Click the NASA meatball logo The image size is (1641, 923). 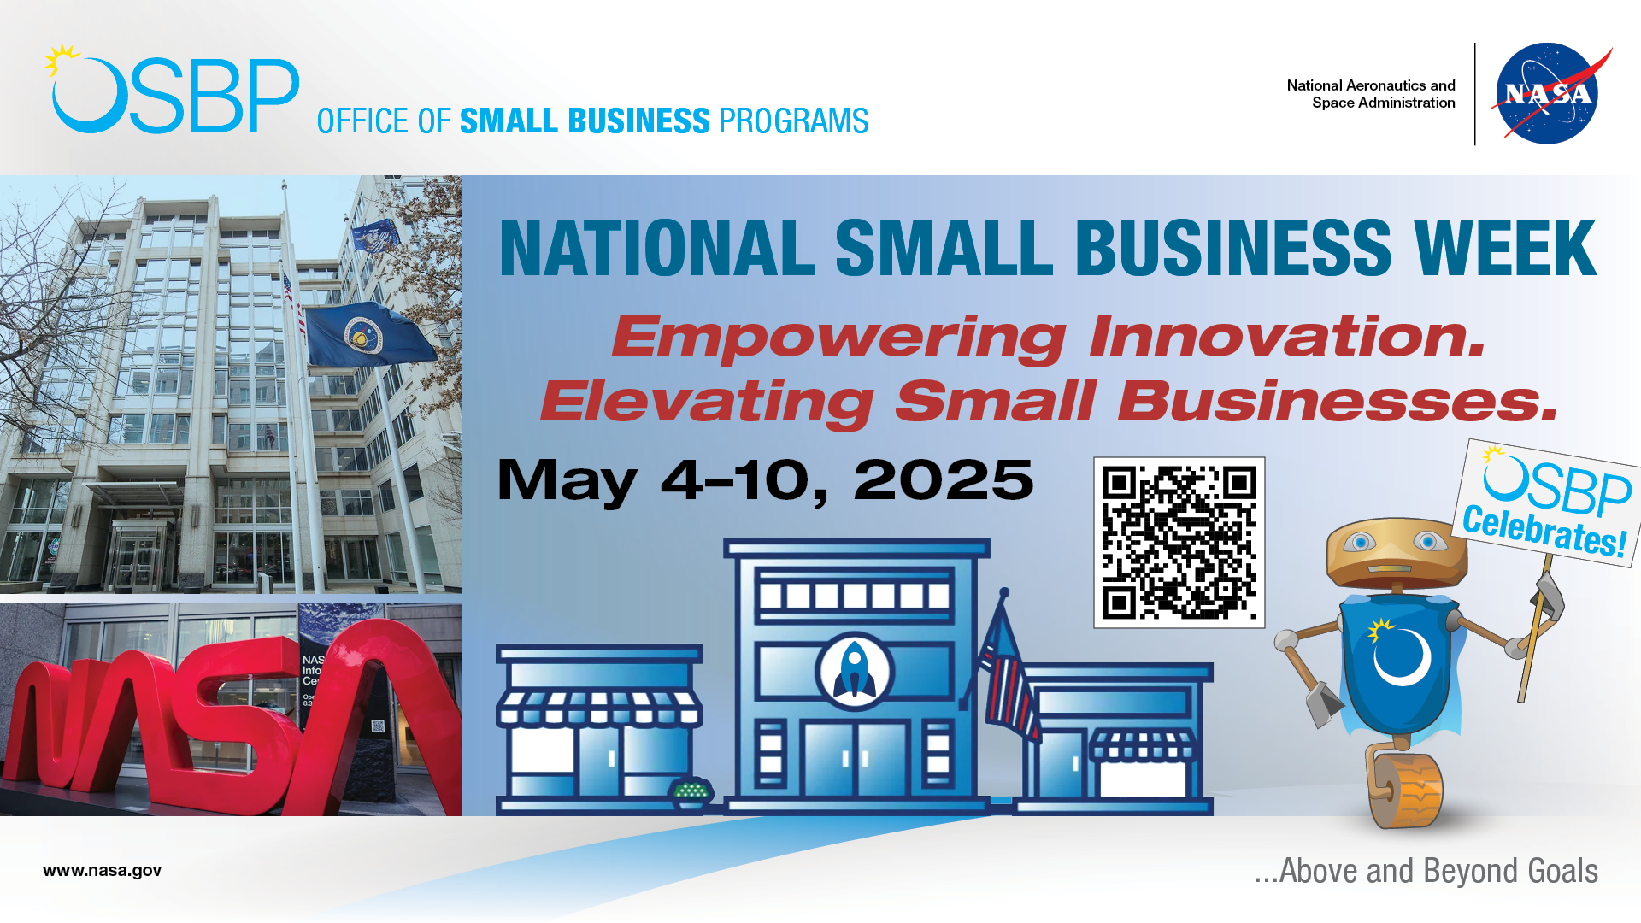point(1547,93)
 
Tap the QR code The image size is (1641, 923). point(1179,543)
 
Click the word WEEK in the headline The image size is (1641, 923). point(1505,248)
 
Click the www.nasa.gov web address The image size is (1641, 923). point(102,870)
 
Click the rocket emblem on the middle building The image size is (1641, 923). point(854,671)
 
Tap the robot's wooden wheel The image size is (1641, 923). point(1406,791)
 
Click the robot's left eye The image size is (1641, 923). point(1360,542)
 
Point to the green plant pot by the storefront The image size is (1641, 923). point(691,794)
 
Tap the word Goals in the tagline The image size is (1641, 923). point(1562,871)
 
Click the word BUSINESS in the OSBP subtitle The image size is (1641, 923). point(585,121)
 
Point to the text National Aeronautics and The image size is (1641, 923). point(1371,85)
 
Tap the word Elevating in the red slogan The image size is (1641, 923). point(707,402)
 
